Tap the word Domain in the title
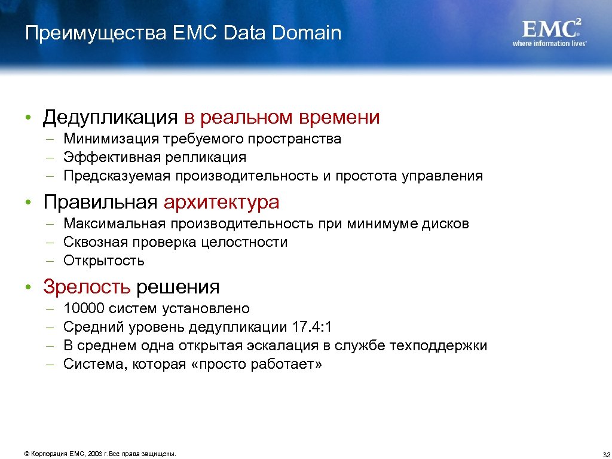(307, 33)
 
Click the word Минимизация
(111, 139)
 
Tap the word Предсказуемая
(117, 176)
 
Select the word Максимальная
(115, 224)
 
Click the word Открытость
(104, 261)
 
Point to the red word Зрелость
(87, 287)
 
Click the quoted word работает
(287, 364)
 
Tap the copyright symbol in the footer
(26, 454)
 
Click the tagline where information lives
(549, 44)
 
